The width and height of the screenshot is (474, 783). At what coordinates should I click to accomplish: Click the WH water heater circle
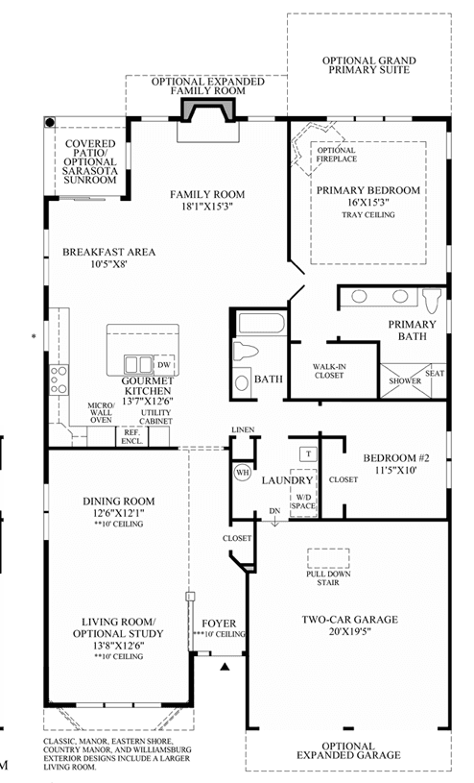pyautogui.click(x=243, y=473)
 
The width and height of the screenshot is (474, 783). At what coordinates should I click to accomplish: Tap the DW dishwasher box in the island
pyautogui.click(x=164, y=365)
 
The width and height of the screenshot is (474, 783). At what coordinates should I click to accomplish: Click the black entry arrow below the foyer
pyautogui.click(x=225, y=666)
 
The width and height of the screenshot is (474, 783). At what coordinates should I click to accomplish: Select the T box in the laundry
pyautogui.click(x=308, y=453)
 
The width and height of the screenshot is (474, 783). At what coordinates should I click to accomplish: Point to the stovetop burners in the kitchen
pyautogui.click(x=59, y=379)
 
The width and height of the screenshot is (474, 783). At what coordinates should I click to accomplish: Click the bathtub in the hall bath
pyautogui.click(x=261, y=323)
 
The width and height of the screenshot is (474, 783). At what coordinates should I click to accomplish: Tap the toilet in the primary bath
pyautogui.click(x=431, y=300)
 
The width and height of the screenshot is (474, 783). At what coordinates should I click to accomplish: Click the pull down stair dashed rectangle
pyautogui.click(x=328, y=558)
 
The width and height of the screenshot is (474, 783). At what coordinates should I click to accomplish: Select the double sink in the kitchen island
pyautogui.click(x=138, y=364)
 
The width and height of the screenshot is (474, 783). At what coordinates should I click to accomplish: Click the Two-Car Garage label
pyautogui.click(x=350, y=620)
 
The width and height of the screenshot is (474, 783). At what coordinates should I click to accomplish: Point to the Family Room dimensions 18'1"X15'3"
pyautogui.click(x=207, y=206)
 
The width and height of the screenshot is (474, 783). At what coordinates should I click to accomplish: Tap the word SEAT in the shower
pyautogui.click(x=435, y=373)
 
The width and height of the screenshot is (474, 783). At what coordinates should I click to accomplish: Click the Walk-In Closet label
pyautogui.click(x=329, y=371)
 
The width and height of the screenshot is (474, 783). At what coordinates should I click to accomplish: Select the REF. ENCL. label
pyautogui.click(x=132, y=437)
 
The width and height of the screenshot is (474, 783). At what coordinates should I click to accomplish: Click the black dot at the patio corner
pyautogui.click(x=49, y=122)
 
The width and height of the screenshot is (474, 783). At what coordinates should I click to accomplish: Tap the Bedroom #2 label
pyautogui.click(x=396, y=458)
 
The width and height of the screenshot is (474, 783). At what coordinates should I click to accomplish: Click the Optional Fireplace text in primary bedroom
pyautogui.click(x=336, y=155)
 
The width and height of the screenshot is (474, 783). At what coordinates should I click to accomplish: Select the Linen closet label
pyautogui.click(x=243, y=429)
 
